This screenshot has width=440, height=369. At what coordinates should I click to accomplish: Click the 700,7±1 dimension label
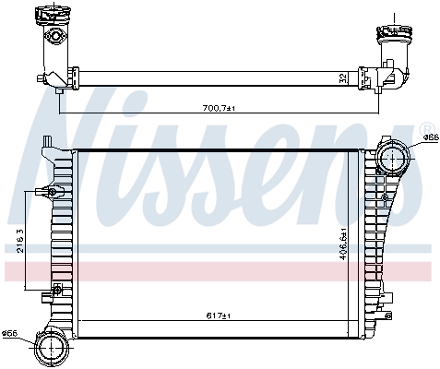(x=220, y=108)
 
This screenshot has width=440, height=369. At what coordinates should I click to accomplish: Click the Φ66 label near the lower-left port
(x=9, y=333)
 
